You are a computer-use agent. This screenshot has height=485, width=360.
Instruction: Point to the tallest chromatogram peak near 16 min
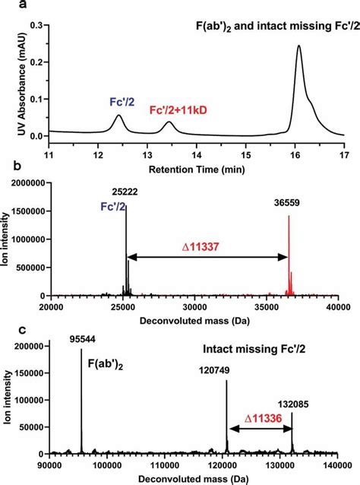tap(298, 46)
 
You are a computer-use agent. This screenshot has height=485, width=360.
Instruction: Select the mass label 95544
tap(82, 337)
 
